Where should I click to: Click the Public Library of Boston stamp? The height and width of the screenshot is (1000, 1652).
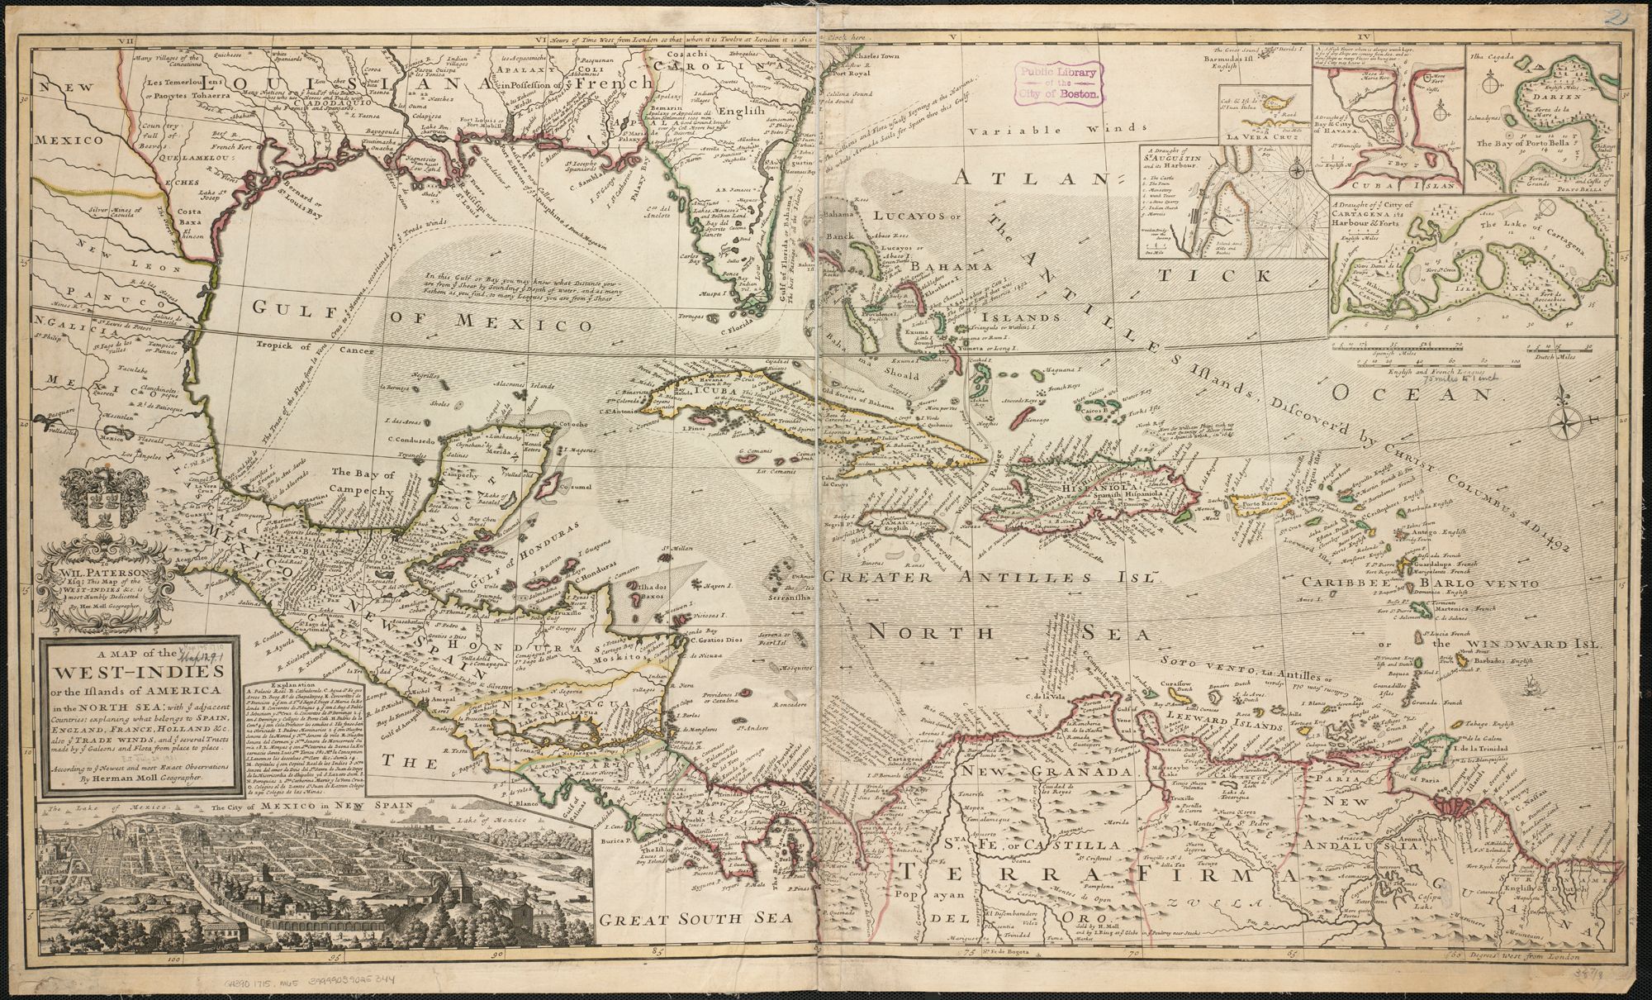(x=1060, y=83)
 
